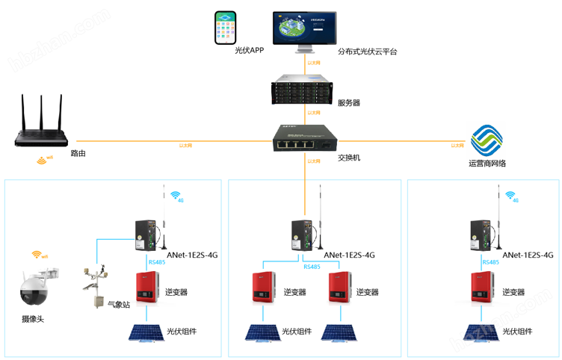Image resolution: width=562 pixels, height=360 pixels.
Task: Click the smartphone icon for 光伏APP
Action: point(226,28)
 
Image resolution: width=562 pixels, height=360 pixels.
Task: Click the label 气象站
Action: point(120,305)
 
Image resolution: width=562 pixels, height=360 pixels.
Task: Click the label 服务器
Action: point(349,103)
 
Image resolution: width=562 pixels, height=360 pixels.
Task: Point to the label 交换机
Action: point(349,158)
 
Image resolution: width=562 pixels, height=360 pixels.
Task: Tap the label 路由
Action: point(78,153)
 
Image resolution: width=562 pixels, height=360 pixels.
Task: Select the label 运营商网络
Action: point(487,164)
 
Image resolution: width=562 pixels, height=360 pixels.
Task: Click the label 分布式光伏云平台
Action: point(368,52)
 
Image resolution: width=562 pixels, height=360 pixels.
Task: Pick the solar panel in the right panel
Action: point(481,332)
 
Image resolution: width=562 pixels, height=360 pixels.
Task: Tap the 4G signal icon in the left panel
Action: point(176,196)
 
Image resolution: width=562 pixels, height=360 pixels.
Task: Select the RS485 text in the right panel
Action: point(491,262)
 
